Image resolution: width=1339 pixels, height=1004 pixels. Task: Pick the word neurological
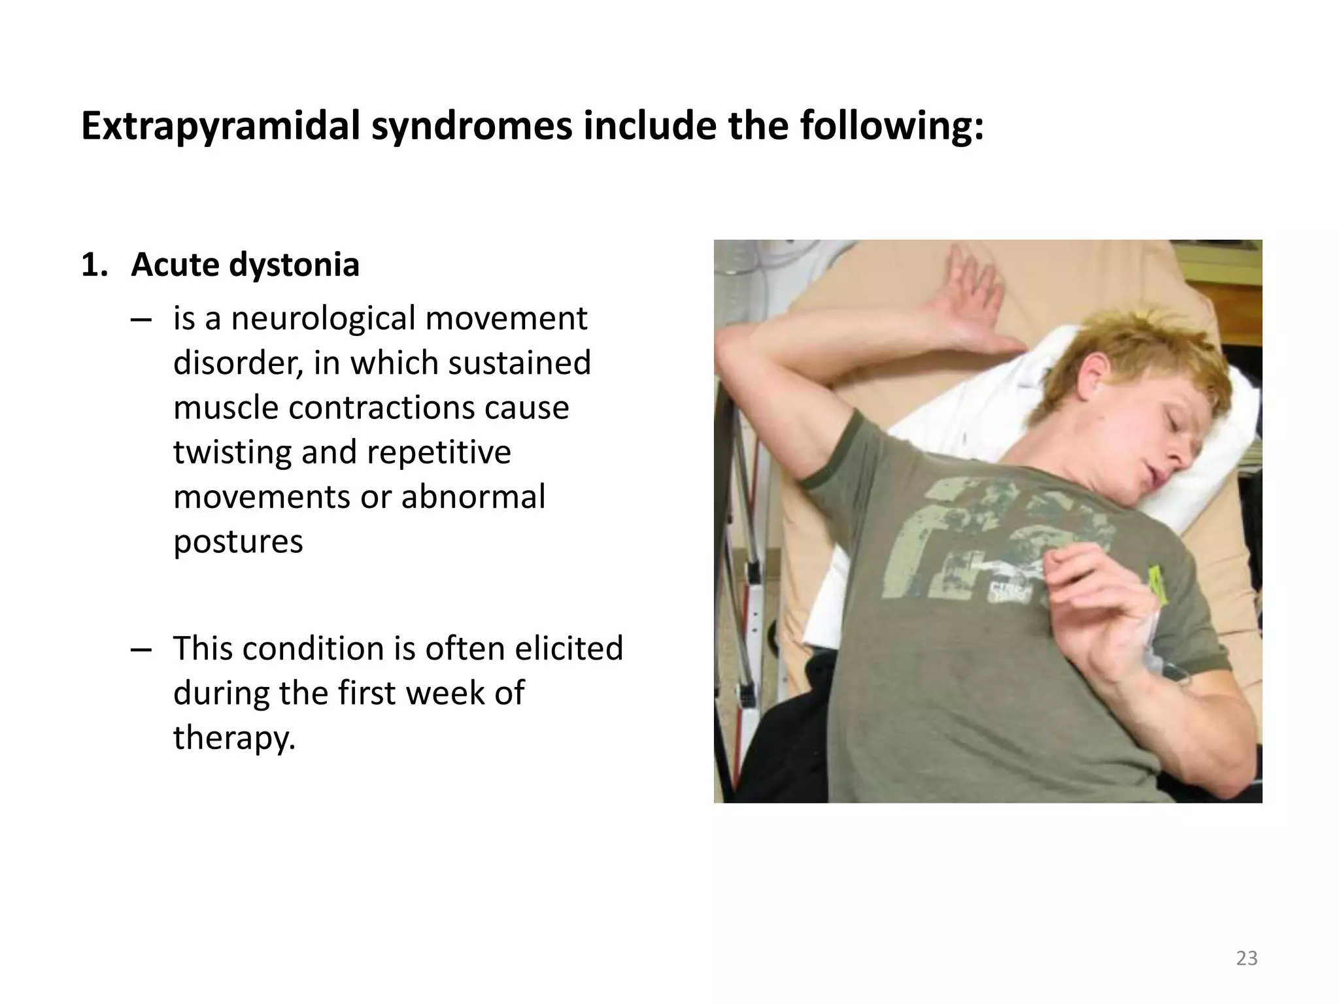coord(323,319)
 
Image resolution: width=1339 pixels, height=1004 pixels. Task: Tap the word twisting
coord(231,452)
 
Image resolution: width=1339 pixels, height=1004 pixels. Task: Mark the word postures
coord(238,542)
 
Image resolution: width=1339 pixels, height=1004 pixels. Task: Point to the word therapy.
coord(234,738)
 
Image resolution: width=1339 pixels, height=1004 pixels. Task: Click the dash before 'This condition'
coord(141,649)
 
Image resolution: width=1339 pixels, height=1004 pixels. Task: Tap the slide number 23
coord(1247,958)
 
